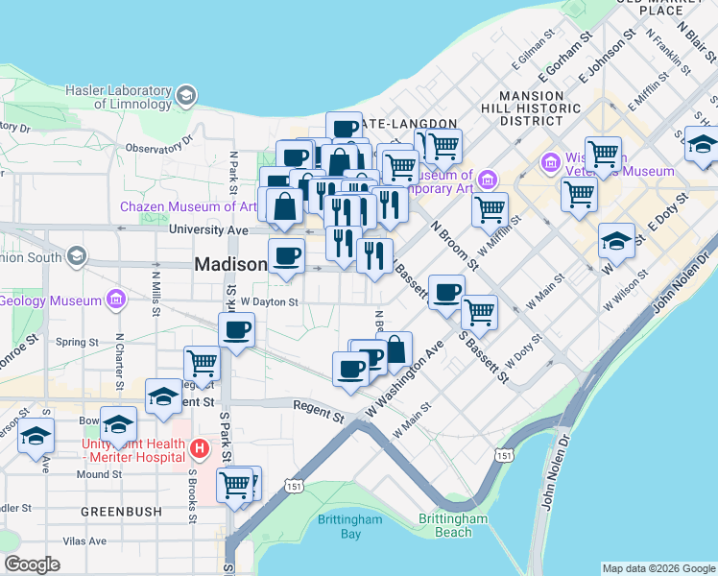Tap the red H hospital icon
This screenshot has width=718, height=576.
point(199,448)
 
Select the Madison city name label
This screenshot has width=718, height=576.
point(229,264)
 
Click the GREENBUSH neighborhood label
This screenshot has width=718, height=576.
point(121,512)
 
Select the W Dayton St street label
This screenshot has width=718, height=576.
point(270,300)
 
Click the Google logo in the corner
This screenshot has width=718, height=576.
point(32,564)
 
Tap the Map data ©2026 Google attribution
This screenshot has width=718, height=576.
point(658,568)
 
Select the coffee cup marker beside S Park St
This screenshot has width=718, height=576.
point(236,331)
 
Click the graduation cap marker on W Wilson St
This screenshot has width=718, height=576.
point(616,241)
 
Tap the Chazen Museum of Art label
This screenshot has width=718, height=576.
point(187,206)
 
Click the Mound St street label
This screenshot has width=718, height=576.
point(99,474)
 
